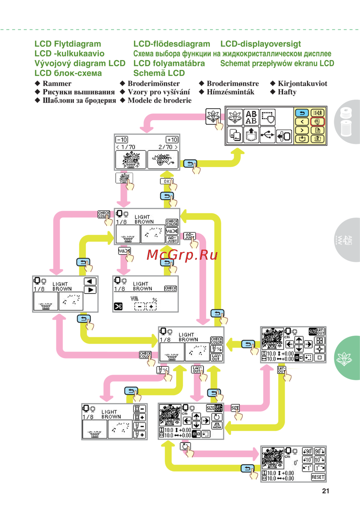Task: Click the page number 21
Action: coord(325,491)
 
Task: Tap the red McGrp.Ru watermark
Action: coord(182,255)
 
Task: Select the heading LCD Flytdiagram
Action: coord(68,44)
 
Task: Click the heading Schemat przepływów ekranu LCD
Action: coord(277,63)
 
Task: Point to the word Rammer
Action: coord(57,84)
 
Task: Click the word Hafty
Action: coord(287,92)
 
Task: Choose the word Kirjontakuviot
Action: coord(302,84)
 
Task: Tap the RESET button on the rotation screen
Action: coord(318,477)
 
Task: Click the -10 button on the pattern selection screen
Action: coord(122,139)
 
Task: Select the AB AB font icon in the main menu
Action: coord(251,117)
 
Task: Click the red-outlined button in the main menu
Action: coord(317,121)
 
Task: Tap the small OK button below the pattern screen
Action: coord(167,181)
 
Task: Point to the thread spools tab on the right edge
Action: coord(346,122)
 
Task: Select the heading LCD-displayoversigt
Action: coord(261,44)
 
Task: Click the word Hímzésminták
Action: coord(230,92)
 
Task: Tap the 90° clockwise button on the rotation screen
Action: coord(320,451)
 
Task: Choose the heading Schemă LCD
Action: coord(159,73)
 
